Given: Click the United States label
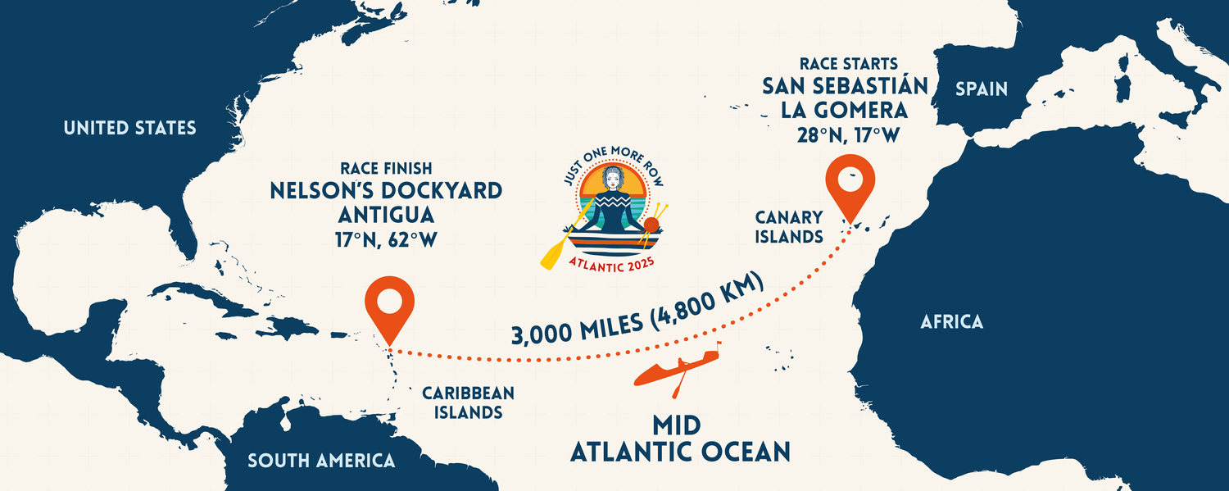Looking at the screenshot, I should click(x=129, y=128).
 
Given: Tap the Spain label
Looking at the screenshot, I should click(x=981, y=89).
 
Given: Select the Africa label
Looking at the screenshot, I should click(x=951, y=321).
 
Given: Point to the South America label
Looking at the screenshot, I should click(x=321, y=461).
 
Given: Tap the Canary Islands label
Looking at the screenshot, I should click(x=789, y=227).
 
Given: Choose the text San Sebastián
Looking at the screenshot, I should click(x=845, y=85).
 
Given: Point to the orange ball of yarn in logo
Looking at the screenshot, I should click(x=651, y=225).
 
